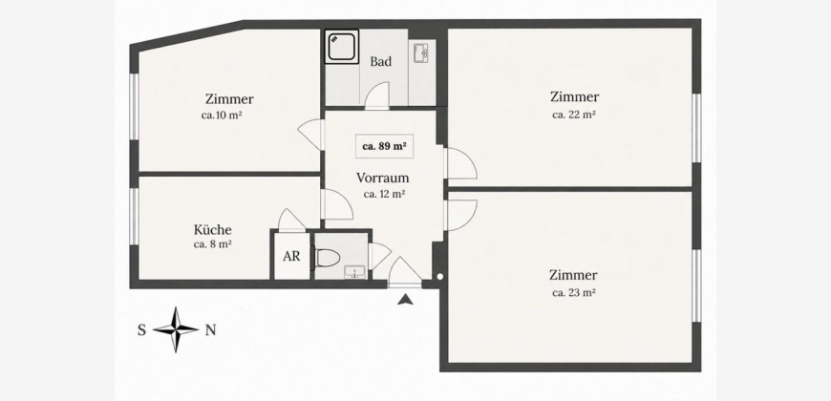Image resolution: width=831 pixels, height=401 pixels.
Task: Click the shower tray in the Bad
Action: pyautogui.click(x=341, y=47)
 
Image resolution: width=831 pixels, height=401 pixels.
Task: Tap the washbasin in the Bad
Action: pyautogui.click(x=422, y=53)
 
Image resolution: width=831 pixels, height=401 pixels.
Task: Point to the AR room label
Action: pyautogui.click(x=291, y=257)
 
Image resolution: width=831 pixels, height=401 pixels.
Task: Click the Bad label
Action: pyautogui.click(x=380, y=61)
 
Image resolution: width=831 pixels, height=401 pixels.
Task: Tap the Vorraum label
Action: pyautogui.click(x=383, y=178)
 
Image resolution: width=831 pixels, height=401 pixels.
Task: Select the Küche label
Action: pyautogui.click(x=212, y=230)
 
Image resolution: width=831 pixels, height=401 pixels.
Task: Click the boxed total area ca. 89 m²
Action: pyautogui.click(x=384, y=147)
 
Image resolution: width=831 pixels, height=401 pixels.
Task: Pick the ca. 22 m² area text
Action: pyautogui.click(x=574, y=115)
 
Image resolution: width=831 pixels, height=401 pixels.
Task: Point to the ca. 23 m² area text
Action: pyautogui.click(x=574, y=292)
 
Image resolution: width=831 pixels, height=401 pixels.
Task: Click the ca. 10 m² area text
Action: pyautogui.click(x=222, y=115)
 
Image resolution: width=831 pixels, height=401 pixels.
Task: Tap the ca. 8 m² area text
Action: pyautogui.click(x=212, y=244)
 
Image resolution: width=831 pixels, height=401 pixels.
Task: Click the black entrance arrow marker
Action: pyautogui.click(x=405, y=300)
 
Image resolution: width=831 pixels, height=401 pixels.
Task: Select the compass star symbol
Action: pyautogui.click(x=176, y=330)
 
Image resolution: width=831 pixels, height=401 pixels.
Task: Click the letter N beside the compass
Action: pyautogui.click(x=210, y=330)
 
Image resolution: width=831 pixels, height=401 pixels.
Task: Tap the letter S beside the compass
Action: pyautogui.click(x=142, y=330)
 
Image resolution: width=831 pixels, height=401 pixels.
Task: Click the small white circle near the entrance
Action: pyautogui.click(x=440, y=276)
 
